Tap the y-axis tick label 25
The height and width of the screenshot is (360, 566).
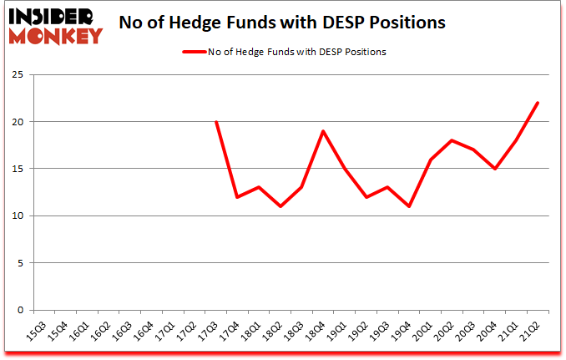click(18, 75)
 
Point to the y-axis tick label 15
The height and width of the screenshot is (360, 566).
click(18, 169)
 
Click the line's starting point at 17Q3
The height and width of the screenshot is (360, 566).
click(216, 122)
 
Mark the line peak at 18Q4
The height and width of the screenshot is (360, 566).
click(323, 131)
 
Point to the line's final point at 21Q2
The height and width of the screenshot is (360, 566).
click(538, 103)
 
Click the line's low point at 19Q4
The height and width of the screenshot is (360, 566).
click(409, 206)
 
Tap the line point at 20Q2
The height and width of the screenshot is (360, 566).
click(452, 140)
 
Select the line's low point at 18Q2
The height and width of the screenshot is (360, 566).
click(280, 206)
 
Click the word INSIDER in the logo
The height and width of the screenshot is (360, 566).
click(53, 16)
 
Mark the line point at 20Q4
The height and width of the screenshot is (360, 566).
click(494, 169)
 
